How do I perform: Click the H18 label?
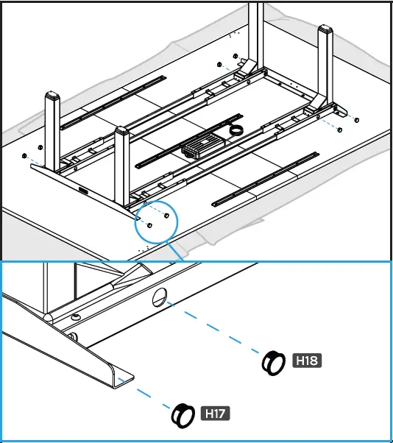(x=308, y=361)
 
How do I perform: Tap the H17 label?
(x=215, y=414)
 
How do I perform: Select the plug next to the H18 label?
(x=274, y=362)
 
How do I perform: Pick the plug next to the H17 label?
(x=181, y=415)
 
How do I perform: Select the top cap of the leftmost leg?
(x=52, y=97)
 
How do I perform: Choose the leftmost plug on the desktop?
(x=24, y=156)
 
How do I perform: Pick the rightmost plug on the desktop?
(x=357, y=120)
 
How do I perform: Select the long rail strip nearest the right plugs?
(x=265, y=179)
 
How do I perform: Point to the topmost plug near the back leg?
(x=234, y=56)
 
